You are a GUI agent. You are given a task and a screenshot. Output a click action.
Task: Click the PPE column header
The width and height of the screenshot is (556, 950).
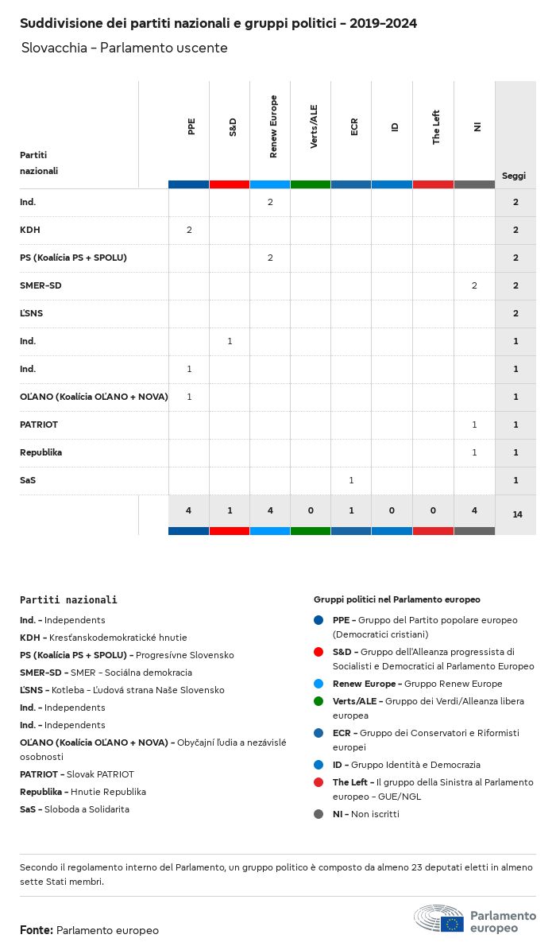click(x=191, y=126)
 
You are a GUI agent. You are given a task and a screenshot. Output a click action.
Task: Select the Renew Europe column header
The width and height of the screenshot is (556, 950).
click(x=272, y=126)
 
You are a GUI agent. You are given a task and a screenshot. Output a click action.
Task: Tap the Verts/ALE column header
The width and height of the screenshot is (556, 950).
click(x=314, y=126)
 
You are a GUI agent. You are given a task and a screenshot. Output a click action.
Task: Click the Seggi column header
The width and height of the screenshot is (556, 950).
click(x=514, y=176)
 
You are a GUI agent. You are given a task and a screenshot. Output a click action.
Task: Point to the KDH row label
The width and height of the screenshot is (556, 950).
click(x=30, y=230)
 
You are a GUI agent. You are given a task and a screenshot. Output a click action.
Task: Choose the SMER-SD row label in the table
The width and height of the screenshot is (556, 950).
click(x=41, y=285)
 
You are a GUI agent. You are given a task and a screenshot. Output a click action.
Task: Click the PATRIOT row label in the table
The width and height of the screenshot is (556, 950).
click(x=39, y=425)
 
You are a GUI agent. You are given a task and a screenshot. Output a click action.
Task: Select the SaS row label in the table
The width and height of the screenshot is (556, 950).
click(x=28, y=480)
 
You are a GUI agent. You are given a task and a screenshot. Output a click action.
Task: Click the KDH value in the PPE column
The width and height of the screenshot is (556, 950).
click(x=189, y=230)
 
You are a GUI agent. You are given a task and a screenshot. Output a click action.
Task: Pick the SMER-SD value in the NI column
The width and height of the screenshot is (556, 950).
click(x=474, y=285)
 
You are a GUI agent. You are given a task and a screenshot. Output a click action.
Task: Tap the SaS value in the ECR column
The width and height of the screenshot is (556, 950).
click(x=352, y=480)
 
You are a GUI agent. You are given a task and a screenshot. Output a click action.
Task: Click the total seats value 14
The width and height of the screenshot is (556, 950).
click(x=517, y=514)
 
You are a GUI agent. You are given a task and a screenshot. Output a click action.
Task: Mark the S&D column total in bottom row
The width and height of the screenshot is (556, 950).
click(x=230, y=510)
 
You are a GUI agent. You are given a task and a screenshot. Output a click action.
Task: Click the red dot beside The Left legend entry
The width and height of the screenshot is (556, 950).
click(x=319, y=782)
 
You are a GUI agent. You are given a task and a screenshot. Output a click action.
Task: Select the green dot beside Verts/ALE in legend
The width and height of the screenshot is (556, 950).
click(x=319, y=701)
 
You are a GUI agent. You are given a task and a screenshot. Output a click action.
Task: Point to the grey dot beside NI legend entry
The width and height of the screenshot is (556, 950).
click(x=319, y=814)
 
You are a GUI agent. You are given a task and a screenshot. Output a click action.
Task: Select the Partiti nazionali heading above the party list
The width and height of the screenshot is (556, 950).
click(x=68, y=600)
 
